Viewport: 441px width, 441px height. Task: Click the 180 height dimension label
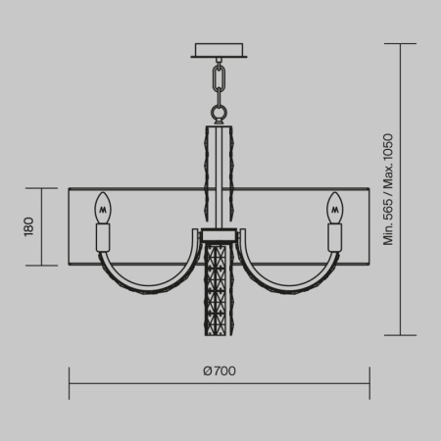[x=29, y=227]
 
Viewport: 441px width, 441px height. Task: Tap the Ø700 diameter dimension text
[x=220, y=370]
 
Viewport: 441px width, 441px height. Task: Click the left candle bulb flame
[x=102, y=208]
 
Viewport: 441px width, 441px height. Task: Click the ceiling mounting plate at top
[x=220, y=50]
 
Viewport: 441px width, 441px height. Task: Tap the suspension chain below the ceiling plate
[x=220, y=82]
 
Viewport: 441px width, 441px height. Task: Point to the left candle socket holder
[x=102, y=237]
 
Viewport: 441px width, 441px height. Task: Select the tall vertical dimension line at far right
[x=403, y=190]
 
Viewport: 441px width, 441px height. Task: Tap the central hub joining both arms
[x=220, y=238]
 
